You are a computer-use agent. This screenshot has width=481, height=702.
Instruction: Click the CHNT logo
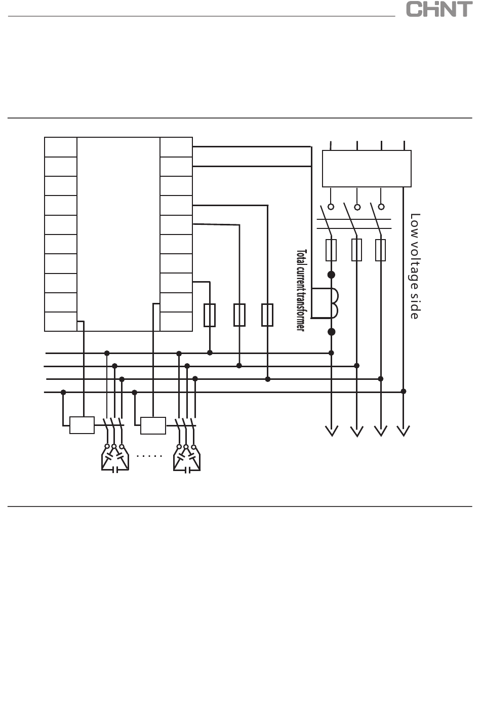click(439, 10)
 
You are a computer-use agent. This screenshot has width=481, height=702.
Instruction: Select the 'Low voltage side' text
click(415, 266)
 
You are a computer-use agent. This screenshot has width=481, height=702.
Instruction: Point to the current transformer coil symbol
click(334, 303)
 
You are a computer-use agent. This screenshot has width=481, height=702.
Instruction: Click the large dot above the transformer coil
click(332, 275)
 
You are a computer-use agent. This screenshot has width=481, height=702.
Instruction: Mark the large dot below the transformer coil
click(332, 332)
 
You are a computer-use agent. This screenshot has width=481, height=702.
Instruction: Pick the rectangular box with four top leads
click(367, 169)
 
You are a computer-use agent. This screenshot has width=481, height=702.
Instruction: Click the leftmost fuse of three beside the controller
click(209, 315)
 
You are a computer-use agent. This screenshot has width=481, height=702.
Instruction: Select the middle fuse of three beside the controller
click(239, 315)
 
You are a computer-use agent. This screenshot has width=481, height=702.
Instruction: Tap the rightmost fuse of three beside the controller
click(267, 315)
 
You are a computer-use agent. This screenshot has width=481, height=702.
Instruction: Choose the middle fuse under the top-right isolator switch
click(357, 250)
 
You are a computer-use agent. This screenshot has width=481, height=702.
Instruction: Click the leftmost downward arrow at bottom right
click(332, 431)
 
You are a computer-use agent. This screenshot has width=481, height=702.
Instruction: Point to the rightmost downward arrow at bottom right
click(404, 431)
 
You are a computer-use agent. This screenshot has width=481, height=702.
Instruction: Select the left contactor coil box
click(82, 425)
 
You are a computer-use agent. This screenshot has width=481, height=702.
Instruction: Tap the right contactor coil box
click(153, 425)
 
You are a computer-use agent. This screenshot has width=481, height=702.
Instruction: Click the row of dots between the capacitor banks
click(149, 456)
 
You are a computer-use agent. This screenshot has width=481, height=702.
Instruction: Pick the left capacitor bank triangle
click(114, 458)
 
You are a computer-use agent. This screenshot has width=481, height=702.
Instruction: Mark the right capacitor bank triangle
click(186, 458)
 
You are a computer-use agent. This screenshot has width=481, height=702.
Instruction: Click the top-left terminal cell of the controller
click(61, 147)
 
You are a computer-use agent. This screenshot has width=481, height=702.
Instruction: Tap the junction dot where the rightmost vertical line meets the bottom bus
click(404, 391)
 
